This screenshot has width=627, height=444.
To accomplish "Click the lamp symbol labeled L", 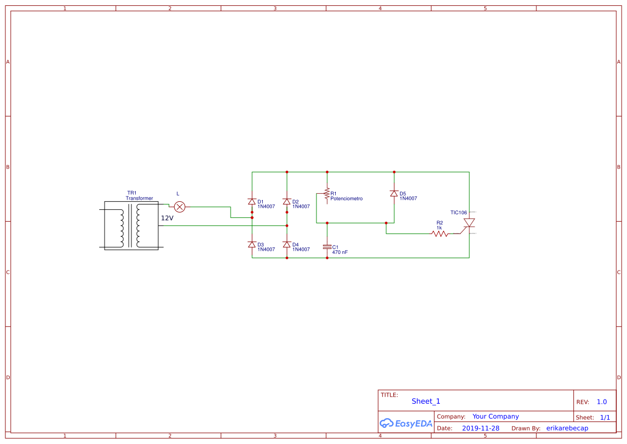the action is tap(180, 207).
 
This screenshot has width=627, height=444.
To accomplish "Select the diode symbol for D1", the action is tap(252, 202).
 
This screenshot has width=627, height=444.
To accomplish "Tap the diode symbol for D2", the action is tap(287, 202).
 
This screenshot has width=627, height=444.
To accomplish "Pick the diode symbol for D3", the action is tap(252, 245).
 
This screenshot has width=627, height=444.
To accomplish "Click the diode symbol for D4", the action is tap(287, 245).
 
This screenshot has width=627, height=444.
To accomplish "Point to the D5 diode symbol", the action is tap(394, 194).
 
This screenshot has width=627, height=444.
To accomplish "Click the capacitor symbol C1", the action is tap(327, 248).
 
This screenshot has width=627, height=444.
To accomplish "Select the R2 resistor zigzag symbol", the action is tap(439, 234).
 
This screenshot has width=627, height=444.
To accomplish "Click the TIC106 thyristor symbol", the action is tap(469, 223).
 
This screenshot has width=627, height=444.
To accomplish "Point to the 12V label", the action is tap(167, 218).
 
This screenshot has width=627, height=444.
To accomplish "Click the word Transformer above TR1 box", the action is tap(139, 198).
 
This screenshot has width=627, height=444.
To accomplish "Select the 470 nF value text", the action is tap(340, 252).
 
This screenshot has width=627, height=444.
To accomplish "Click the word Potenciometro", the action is tap(346, 199).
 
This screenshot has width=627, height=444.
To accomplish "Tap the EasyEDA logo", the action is tap(406, 423).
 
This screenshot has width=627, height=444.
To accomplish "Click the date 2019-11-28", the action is tap(481, 428).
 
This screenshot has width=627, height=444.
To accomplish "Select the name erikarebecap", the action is tap(567, 428).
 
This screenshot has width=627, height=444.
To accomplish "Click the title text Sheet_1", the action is tap(426, 401).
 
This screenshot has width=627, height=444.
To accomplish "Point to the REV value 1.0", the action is tap(602, 402).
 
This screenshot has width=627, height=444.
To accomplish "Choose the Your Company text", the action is tap(496, 417).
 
